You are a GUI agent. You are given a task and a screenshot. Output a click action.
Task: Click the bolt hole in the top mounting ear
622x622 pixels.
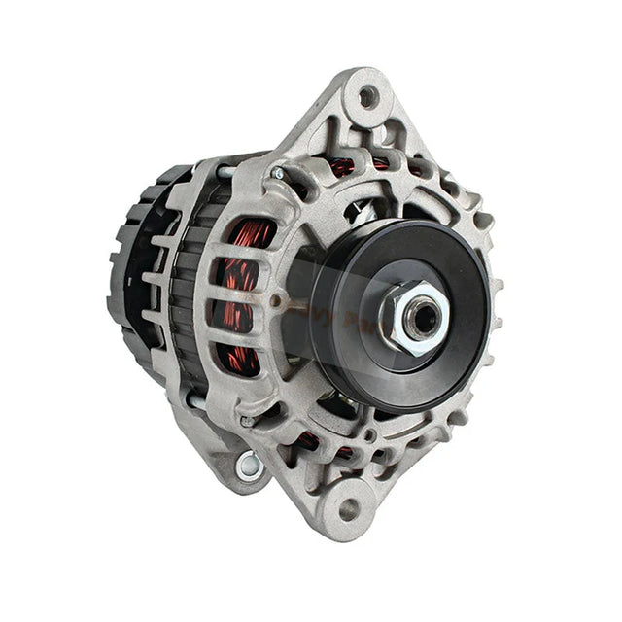[367, 96]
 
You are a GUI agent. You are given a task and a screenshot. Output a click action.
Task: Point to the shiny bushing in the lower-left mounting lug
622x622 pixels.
[250, 464]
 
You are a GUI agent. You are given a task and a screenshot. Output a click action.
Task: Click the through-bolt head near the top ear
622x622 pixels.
[279, 174]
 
